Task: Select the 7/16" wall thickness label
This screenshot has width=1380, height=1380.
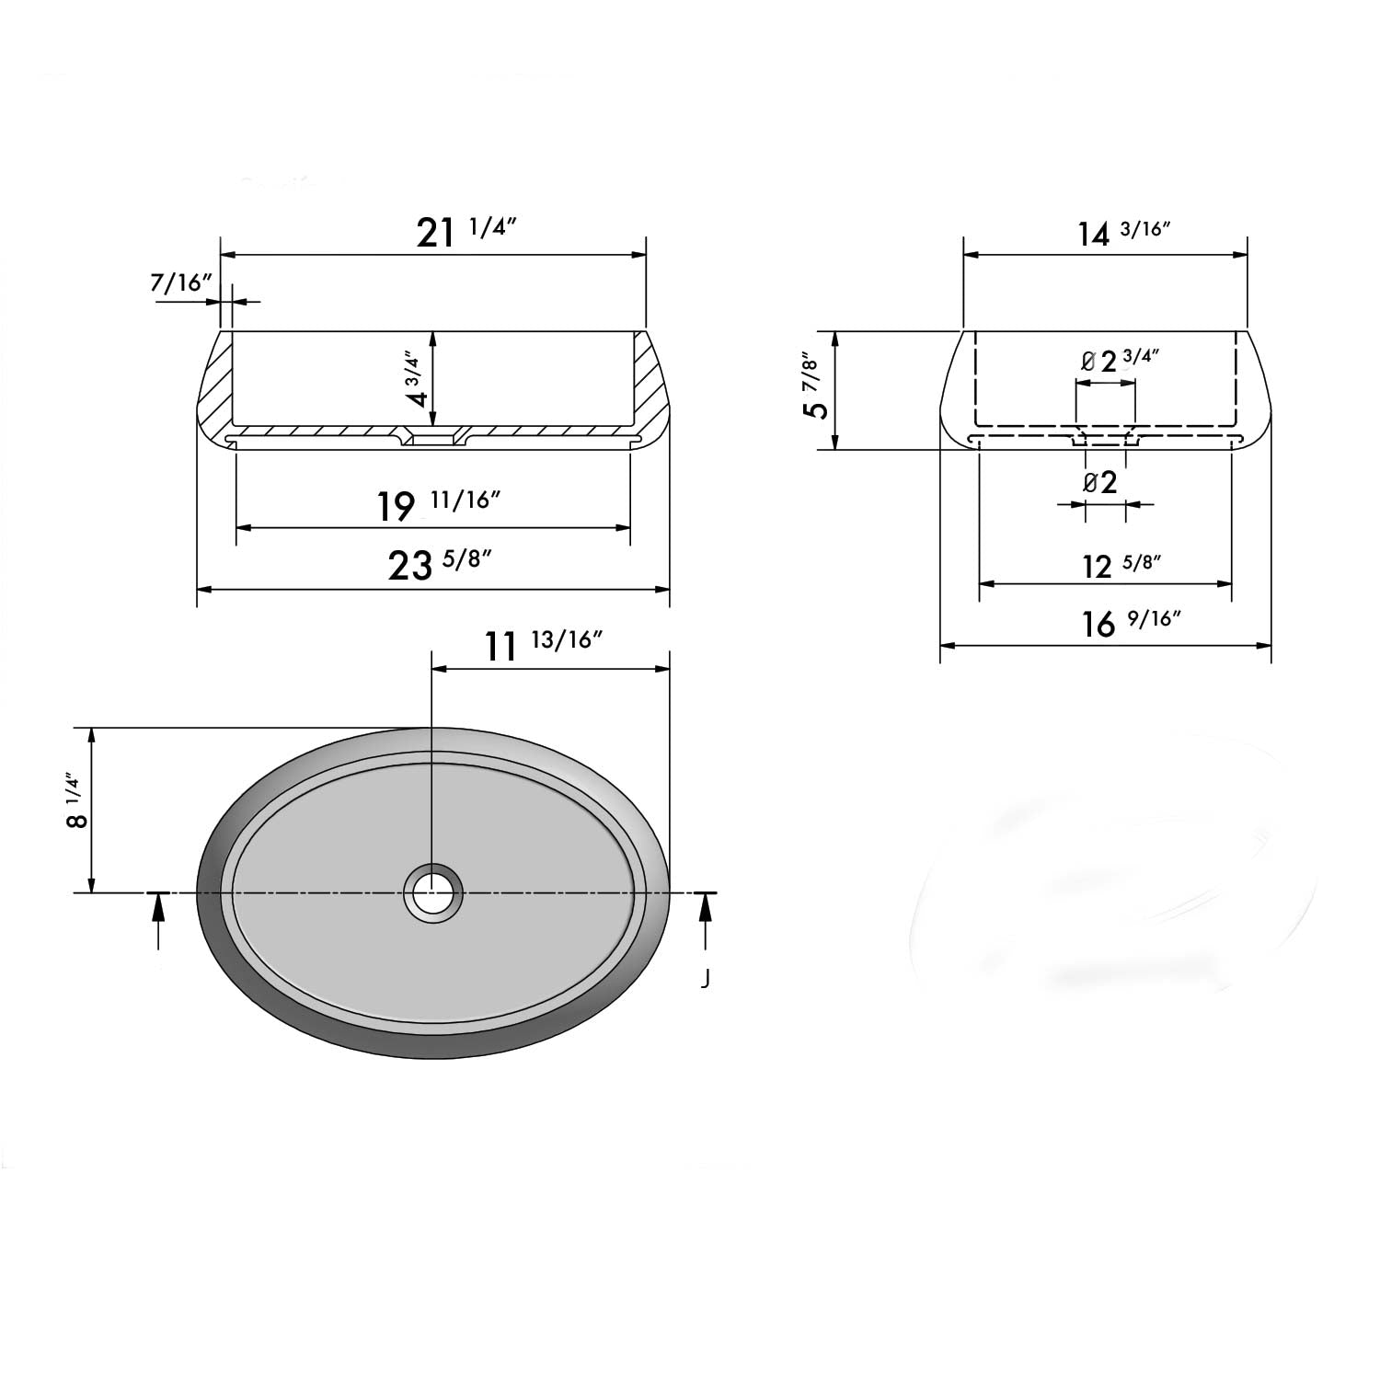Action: click(181, 282)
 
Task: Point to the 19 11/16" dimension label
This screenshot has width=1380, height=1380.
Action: click(439, 504)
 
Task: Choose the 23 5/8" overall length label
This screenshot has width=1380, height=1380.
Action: click(434, 564)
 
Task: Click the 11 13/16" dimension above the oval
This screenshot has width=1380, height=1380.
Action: click(543, 645)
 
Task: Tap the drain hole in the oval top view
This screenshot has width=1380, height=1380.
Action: click(432, 892)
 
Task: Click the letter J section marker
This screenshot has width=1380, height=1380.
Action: click(705, 979)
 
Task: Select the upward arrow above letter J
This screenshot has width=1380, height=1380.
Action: click(706, 920)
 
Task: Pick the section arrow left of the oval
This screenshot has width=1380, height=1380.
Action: click(159, 920)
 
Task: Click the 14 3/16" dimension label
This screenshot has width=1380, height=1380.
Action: click(1122, 233)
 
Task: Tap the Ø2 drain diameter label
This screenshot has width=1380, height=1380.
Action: click(1100, 482)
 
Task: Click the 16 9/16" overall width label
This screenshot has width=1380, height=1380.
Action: click(1130, 624)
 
